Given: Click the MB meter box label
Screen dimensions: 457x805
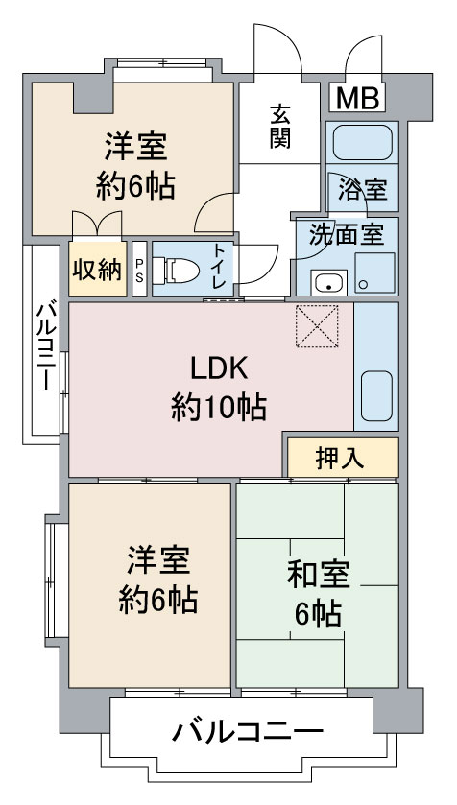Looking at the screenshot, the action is click(x=357, y=98).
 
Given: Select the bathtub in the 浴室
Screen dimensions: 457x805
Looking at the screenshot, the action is click(x=362, y=143).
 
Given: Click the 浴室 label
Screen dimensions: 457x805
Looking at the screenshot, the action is click(x=362, y=191).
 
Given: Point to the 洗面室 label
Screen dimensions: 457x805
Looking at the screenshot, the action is click(x=347, y=235).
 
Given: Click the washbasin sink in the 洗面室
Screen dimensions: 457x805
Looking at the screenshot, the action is click(x=328, y=283).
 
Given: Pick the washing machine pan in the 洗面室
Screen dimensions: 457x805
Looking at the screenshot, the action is click(x=374, y=273).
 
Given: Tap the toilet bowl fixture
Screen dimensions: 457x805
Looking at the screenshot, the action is click(x=177, y=269).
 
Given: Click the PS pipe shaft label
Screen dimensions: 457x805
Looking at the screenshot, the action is click(x=139, y=270).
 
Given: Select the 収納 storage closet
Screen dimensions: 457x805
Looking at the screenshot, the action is click(x=98, y=269).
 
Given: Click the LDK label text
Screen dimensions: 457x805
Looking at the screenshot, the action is click(x=219, y=368).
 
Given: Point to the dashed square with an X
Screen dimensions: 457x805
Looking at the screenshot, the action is click(x=317, y=326).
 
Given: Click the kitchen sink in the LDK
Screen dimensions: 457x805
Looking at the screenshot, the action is click(x=376, y=396).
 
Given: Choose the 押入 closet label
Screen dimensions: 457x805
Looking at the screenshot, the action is click(x=340, y=458).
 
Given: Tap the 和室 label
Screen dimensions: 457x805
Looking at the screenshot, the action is click(x=319, y=575).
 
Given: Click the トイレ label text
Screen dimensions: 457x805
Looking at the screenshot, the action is click(x=220, y=266).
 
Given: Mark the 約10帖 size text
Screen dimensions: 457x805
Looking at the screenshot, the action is click(x=219, y=407).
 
